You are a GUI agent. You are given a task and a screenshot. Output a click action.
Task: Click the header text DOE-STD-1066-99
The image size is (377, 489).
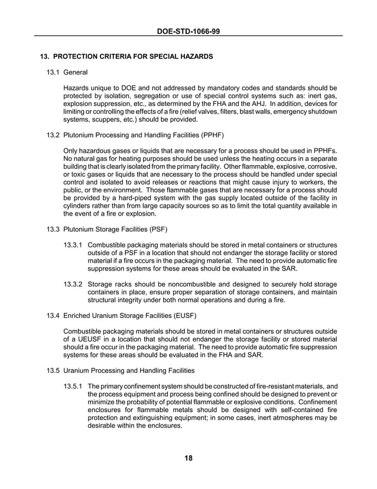pos(188,30)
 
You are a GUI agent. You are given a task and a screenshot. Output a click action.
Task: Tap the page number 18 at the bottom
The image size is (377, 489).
pos(188,458)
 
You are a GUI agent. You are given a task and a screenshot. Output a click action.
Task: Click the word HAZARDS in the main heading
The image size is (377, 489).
pos(192,57)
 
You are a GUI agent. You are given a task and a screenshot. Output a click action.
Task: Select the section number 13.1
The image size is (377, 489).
pos(53,72)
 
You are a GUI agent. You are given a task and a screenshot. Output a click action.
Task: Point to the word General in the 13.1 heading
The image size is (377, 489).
pos(75,72)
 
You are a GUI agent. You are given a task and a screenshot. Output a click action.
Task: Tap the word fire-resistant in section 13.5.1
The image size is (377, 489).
pos(268,385)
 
